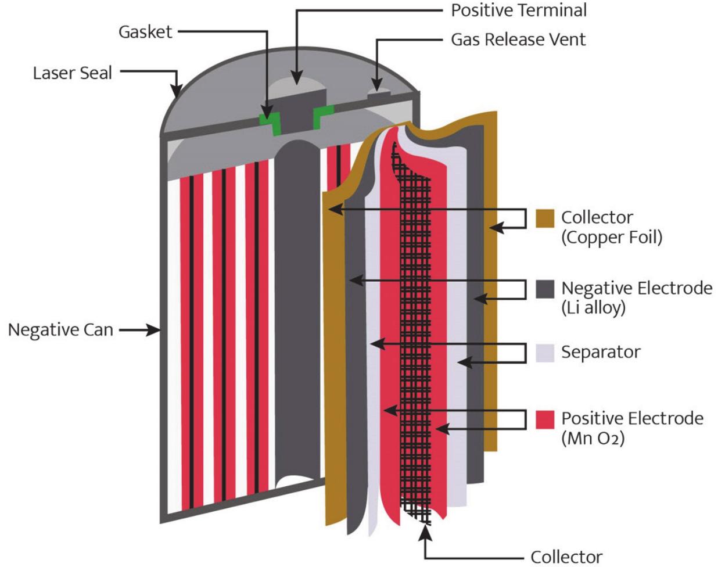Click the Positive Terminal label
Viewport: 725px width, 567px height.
(x=519, y=10)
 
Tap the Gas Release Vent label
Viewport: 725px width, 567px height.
(x=518, y=39)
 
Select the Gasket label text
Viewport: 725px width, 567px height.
(x=145, y=31)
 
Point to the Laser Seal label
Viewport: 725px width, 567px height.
(x=73, y=73)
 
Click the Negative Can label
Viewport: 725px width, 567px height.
(x=60, y=330)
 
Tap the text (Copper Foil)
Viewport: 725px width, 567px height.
(x=611, y=238)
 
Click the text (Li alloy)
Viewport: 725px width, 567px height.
(x=593, y=308)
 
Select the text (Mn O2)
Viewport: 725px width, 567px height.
(x=593, y=439)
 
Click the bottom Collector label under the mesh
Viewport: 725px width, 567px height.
(x=566, y=556)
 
